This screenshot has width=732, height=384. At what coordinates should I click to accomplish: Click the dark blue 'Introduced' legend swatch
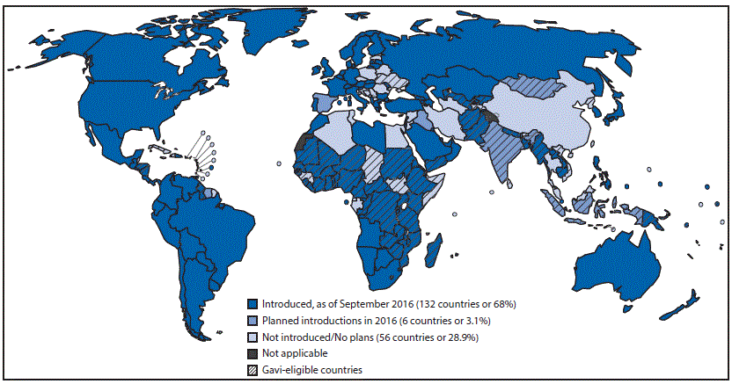pyautogui.click(x=252, y=303)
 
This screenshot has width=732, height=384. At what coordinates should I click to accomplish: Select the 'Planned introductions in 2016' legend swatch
pyautogui.click(x=252, y=320)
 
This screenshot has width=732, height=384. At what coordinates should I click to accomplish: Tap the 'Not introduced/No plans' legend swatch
pyautogui.click(x=252, y=337)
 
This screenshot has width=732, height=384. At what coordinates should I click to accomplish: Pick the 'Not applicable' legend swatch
pyautogui.click(x=252, y=353)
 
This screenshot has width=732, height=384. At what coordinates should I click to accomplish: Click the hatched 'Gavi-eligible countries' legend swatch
pyautogui.click(x=252, y=370)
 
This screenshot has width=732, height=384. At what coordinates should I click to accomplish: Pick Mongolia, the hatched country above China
pyautogui.click(x=531, y=88)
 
